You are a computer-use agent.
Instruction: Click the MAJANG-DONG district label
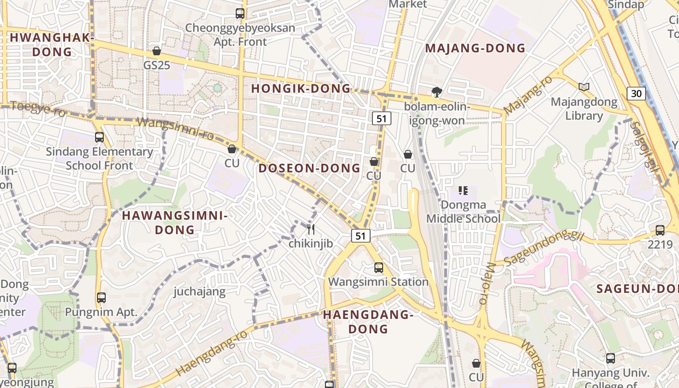click(x=475, y=48)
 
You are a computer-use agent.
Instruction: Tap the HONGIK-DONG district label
click(x=301, y=88)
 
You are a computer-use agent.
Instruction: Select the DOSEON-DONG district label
click(x=309, y=168)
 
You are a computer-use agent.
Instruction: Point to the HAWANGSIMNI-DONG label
click(x=175, y=223)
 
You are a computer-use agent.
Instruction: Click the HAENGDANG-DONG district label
click(x=368, y=322)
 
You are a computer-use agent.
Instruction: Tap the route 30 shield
click(x=636, y=93)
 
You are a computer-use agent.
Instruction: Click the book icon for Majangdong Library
click(x=584, y=87)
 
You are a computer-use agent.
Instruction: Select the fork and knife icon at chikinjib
click(x=311, y=229)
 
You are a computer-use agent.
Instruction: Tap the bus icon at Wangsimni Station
click(x=378, y=267)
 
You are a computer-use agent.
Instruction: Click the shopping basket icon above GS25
click(x=157, y=51)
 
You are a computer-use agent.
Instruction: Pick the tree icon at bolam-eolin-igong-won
click(x=436, y=92)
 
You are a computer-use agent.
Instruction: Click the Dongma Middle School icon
click(x=463, y=191)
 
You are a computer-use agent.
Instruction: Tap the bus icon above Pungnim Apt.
click(x=101, y=298)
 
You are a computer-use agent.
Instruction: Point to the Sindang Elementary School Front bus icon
click(x=99, y=137)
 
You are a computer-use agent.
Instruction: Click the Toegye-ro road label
click(x=38, y=108)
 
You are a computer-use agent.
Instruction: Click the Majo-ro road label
click(x=487, y=284)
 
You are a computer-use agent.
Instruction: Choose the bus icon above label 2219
click(x=660, y=230)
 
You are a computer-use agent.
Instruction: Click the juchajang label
click(x=199, y=291)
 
